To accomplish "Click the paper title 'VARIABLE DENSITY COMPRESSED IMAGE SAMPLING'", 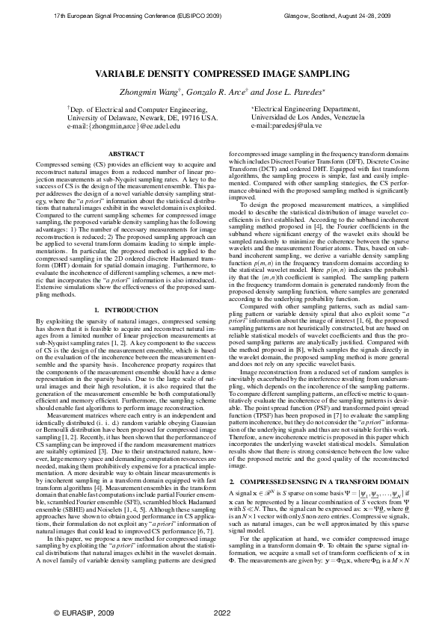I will tap(221, 74).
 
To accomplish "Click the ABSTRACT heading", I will tap(126, 154).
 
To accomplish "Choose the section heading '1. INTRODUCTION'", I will tap(126, 309).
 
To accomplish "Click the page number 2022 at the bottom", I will tap(222, 613).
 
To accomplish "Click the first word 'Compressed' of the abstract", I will tap(52, 163).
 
